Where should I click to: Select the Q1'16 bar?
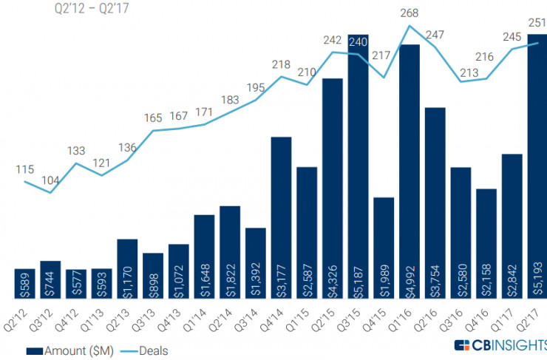pyautogui.click(x=410, y=170)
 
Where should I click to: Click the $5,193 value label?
pyautogui.click(x=538, y=273)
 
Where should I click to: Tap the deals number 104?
pyautogui.click(x=50, y=180)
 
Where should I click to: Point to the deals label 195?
pyautogui.click(x=255, y=88)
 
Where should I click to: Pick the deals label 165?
pyautogui.click(x=153, y=118)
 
